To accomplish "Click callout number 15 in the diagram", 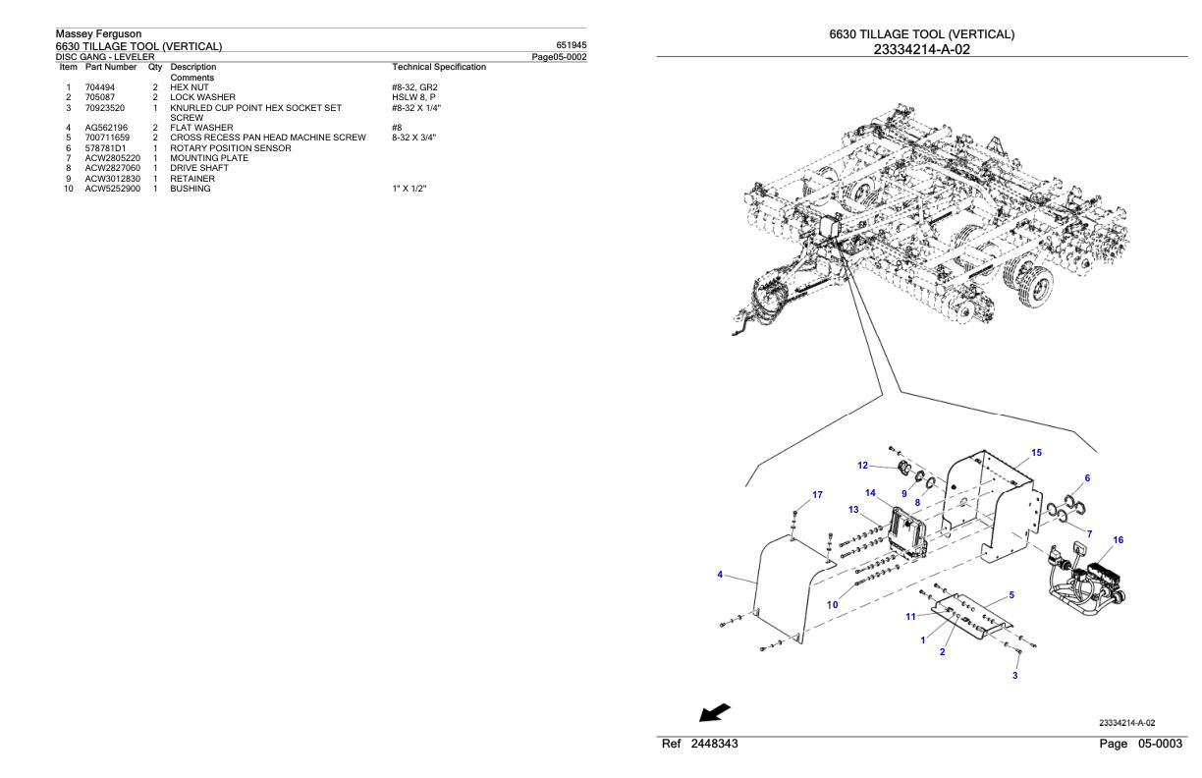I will click(1037, 453).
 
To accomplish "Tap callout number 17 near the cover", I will click(817, 494).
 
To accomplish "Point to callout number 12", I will click(862, 466).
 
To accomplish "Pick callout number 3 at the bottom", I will click(1014, 676).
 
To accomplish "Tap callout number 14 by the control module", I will click(870, 493).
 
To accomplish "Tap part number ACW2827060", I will click(112, 169).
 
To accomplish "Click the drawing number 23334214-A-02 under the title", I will click(921, 49).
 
